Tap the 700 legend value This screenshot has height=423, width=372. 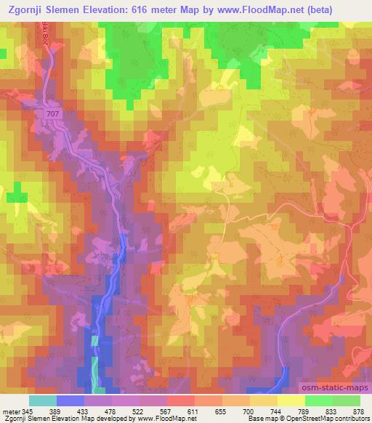[247, 411]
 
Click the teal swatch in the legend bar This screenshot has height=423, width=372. [43, 400]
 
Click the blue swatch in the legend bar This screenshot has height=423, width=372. [70, 400]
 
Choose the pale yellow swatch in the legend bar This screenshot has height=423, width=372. [291, 400]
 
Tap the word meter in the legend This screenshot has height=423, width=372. [10, 411]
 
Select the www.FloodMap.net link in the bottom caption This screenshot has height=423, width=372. [155, 419]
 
